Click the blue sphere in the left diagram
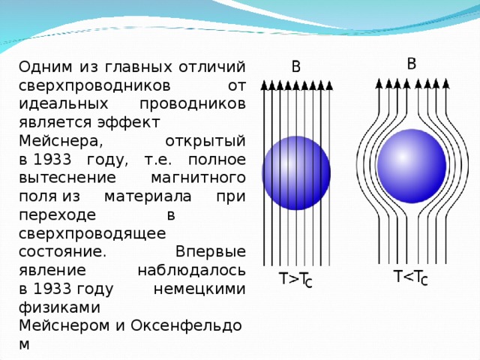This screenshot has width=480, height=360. (x=295, y=172)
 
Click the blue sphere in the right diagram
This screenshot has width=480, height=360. (x=411, y=164)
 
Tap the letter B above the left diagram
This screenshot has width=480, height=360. (x=295, y=67)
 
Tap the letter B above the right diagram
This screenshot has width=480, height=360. (x=412, y=63)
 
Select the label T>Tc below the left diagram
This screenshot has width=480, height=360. (x=295, y=280)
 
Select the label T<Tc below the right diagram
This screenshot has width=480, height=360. (x=410, y=278)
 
